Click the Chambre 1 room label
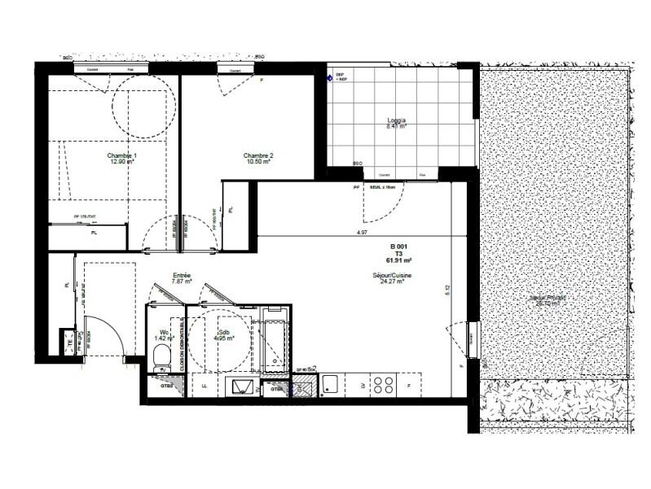[122, 155]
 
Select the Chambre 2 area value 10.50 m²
[257, 162]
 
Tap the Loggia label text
[396, 121]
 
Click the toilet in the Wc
[160, 356]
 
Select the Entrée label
[181, 276]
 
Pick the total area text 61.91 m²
[398, 260]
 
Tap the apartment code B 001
[398, 245]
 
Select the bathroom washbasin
[244, 387]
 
